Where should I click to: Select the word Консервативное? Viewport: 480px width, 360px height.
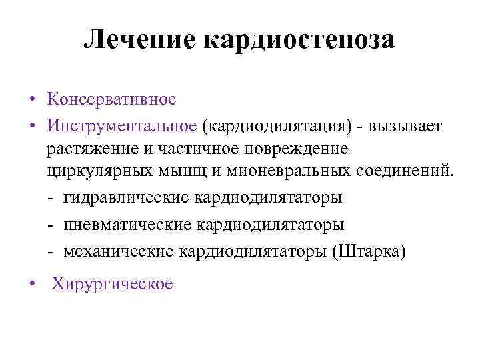point(111,99)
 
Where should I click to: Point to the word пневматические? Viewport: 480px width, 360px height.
point(126,225)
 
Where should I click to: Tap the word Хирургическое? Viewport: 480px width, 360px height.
point(111,284)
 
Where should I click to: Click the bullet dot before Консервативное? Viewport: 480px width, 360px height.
point(33,101)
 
